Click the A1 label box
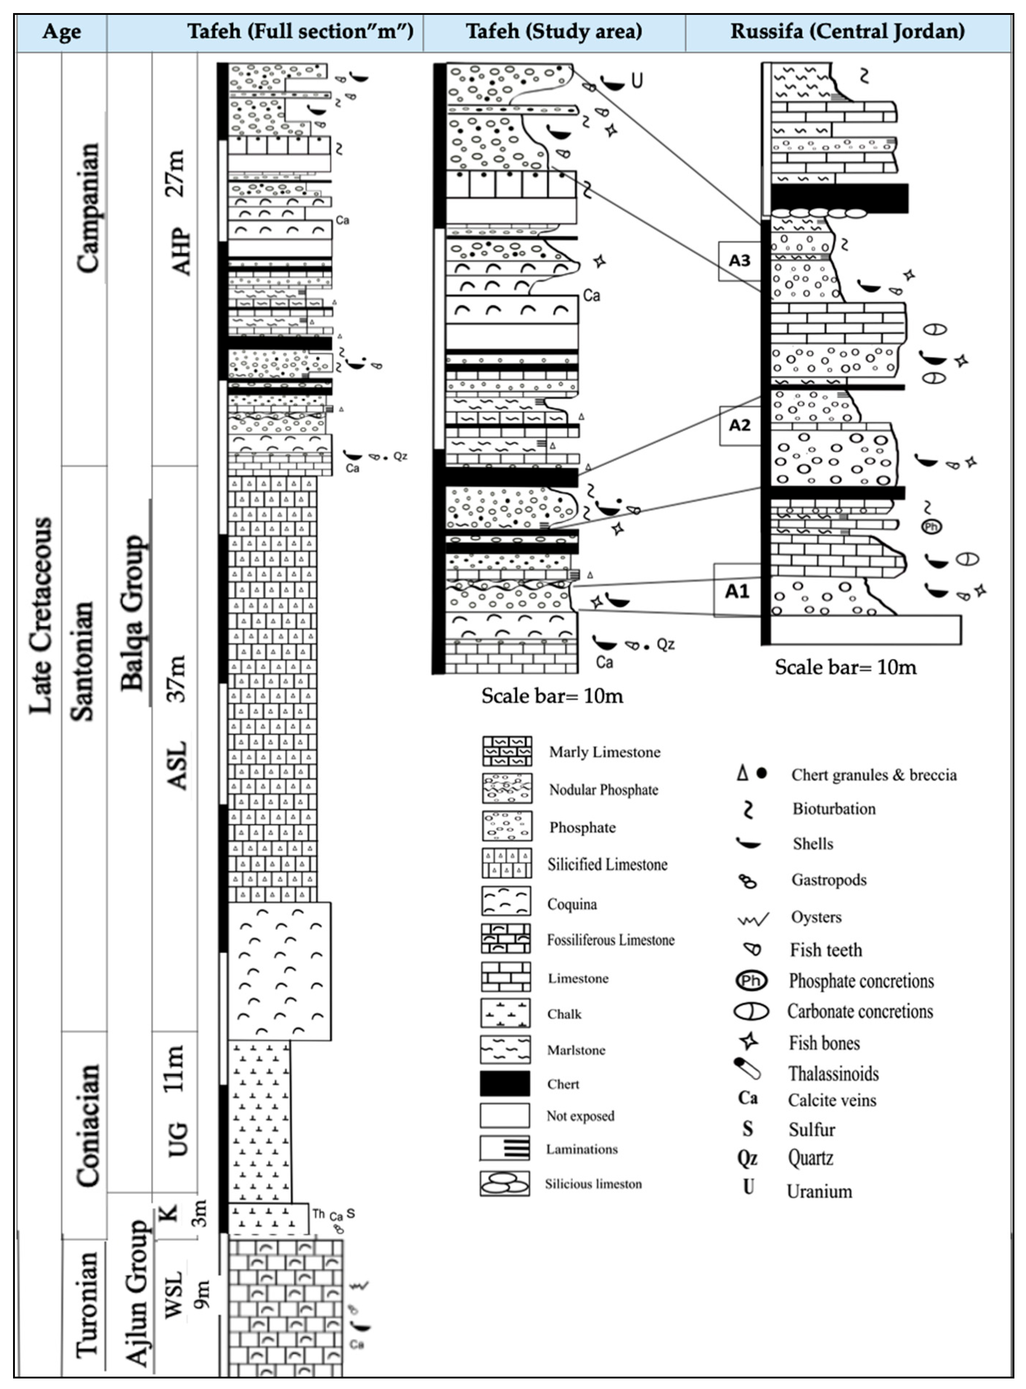[737, 590]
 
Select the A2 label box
[740, 425]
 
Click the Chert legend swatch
[505, 1083]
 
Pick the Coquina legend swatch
[506, 901]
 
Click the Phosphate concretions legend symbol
[751, 981]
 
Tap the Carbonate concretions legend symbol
[751, 1011]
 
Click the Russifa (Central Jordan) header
[847, 31]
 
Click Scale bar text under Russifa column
[845, 667]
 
